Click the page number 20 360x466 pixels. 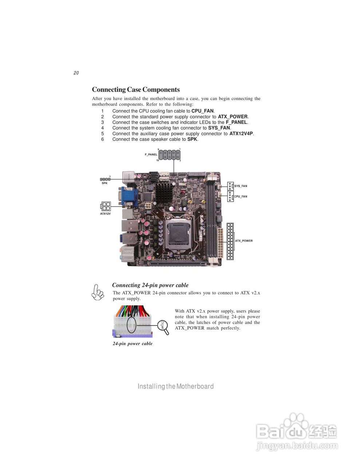coord(76,73)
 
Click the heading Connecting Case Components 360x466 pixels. coord(136,90)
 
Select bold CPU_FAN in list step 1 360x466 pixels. coord(202,111)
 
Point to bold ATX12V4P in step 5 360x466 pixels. coord(241,134)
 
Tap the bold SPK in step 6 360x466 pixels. coord(192,139)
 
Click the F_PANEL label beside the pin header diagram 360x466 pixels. coord(151,155)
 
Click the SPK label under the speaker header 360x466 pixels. coord(104,183)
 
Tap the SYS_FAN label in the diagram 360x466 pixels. coord(241,186)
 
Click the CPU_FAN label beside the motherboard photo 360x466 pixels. coord(241,197)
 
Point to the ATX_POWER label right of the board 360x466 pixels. coord(244,241)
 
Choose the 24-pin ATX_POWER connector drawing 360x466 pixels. coord(230,241)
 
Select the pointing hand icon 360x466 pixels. coord(98,292)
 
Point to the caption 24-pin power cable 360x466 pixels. coord(132,344)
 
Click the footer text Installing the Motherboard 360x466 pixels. coord(175,386)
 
